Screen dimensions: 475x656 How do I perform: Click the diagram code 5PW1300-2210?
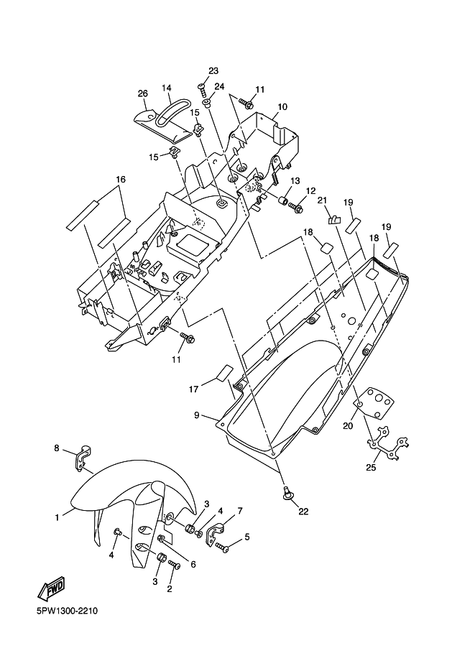coord(67,611)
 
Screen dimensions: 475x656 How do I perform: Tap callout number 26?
coord(143,93)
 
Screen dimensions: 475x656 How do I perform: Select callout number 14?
coord(166,88)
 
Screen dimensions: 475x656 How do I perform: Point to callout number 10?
coord(282,106)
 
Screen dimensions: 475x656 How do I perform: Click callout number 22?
coord(303,511)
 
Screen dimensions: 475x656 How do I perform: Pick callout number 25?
coord(372,467)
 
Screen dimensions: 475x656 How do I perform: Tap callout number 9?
coord(197,415)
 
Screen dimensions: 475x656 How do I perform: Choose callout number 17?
coord(193,389)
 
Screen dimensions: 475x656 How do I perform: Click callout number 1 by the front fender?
coord(57,517)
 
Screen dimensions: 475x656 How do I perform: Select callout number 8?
coord(57,448)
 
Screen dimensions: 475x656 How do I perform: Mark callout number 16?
coord(121,179)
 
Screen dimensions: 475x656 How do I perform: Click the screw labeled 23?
coord(203,90)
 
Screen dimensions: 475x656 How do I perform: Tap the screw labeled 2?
coord(174,565)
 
